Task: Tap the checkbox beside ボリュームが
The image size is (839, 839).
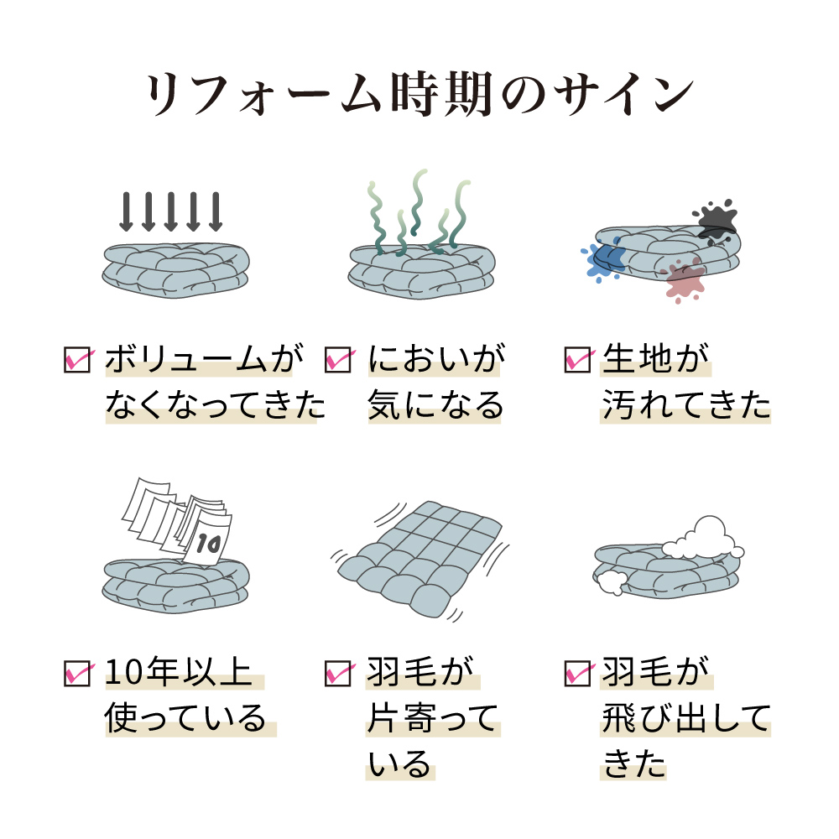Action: pyautogui.click(x=78, y=360)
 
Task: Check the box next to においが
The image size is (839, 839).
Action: pyautogui.click(x=339, y=360)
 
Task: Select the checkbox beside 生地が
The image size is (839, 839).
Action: pyautogui.click(x=579, y=360)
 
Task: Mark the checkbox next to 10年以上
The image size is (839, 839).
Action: pyautogui.click(x=78, y=674)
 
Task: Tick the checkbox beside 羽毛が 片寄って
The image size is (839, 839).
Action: pyautogui.click(x=339, y=674)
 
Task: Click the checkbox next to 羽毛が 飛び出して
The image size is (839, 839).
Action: pyautogui.click(x=579, y=674)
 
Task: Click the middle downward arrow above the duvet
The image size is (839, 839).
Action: pyautogui.click(x=170, y=212)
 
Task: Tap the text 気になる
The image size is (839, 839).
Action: pyautogui.click(x=435, y=405)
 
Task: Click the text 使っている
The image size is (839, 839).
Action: pyautogui.click(x=185, y=718)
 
